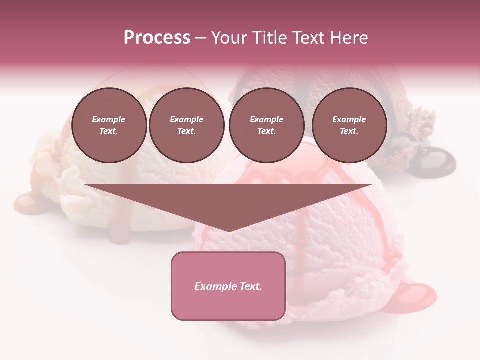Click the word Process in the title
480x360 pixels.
157,38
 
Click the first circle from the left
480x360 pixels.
109,125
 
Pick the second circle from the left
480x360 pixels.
187,125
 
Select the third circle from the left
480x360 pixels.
267,125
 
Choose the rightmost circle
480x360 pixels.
349,125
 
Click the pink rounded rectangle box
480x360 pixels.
228,286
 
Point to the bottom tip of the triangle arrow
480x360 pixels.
228,231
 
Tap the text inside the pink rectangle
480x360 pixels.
228,286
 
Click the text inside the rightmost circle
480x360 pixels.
349,125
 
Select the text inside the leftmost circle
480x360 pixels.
109,125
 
